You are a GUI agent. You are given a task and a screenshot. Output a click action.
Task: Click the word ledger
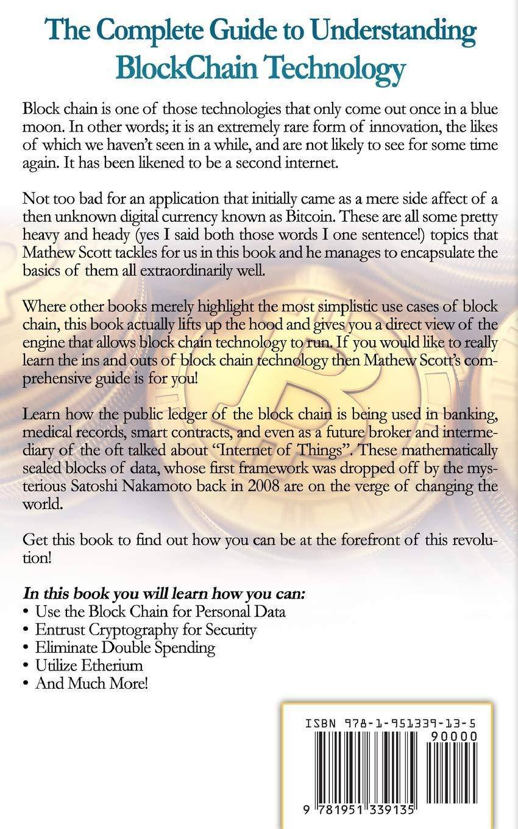tap(182, 416)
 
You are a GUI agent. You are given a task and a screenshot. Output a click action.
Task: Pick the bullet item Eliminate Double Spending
tap(125, 647)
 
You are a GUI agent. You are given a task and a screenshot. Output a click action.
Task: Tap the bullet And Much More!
tap(91, 683)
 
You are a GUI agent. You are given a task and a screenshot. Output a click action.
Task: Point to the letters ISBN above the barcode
tap(320, 724)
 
